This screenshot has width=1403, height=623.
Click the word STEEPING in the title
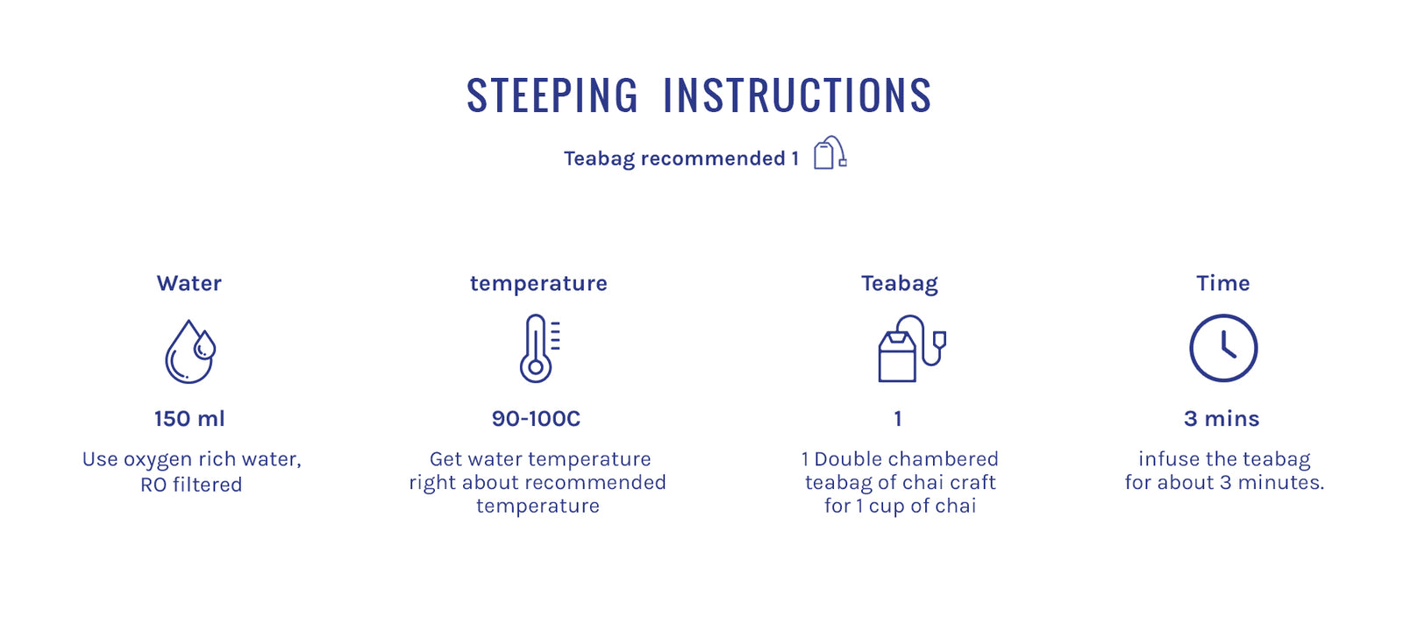pyautogui.click(x=552, y=96)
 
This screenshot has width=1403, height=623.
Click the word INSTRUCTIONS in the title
pyautogui.click(x=797, y=96)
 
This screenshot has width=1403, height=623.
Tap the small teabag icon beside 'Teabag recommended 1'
pyautogui.click(x=830, y=152)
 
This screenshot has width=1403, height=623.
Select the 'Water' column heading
pyautogui.click(x=189, y=283)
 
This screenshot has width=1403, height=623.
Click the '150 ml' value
pyautogui.click(x=189, y=418)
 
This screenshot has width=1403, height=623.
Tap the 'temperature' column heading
pyautogui.click(x=538, y=284)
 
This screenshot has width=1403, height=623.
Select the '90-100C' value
pyautogui.click(x=536, y=418)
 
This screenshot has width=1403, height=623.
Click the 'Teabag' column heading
pyautogui.click(x=900, y=284)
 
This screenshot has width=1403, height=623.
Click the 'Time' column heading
pyautogui.click(x=1223, y=283)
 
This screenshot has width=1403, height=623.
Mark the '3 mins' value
pyautogui.click(x=1221, y=418)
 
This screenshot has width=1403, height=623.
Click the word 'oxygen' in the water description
pyautogui.click(x=158, y=460)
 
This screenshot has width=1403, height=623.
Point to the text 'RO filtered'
pyautogui.click(x=191, y=485)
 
